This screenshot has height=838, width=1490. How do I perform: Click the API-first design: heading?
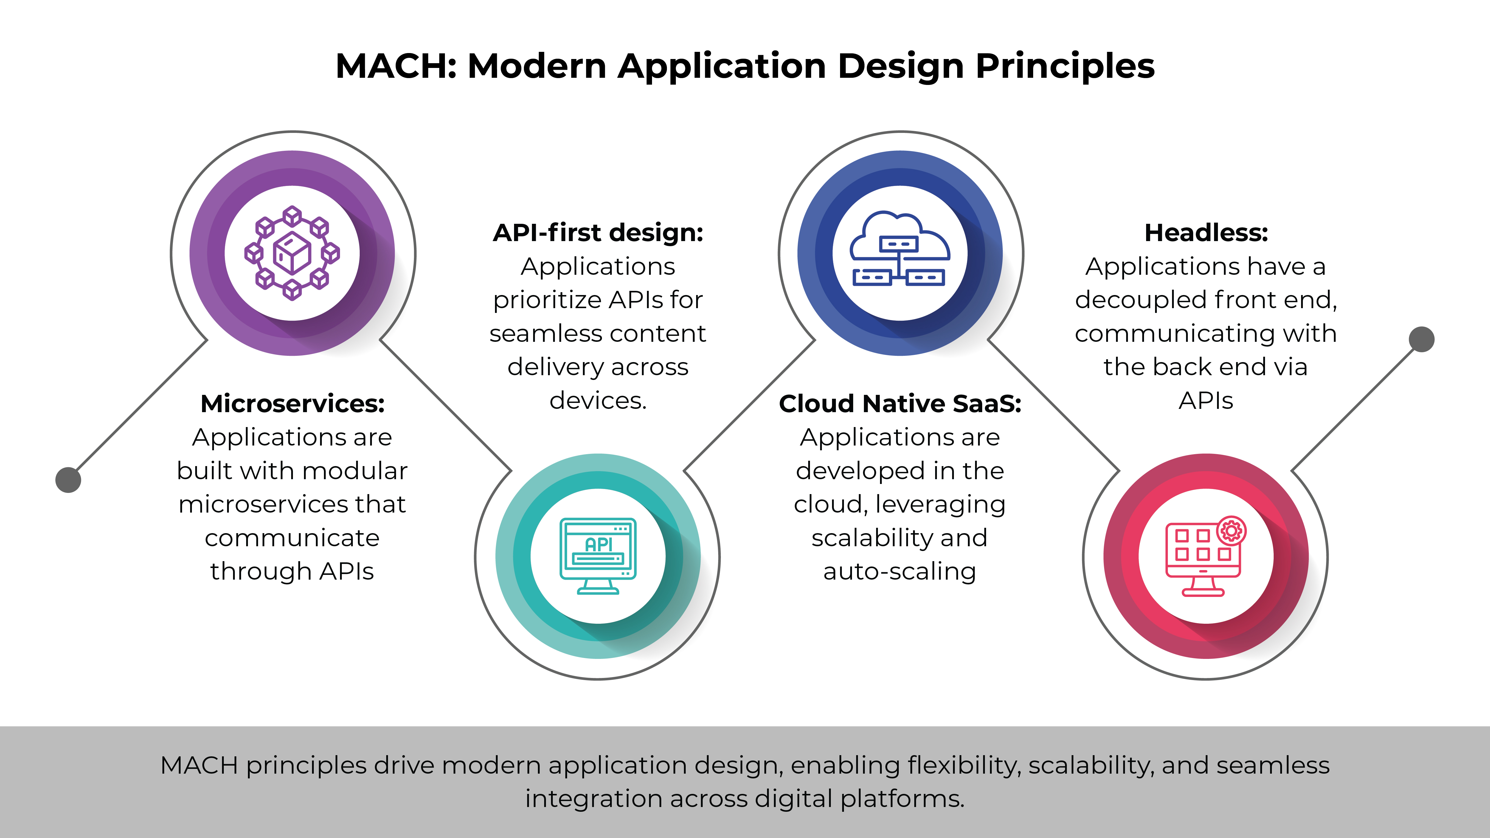pos(598,233)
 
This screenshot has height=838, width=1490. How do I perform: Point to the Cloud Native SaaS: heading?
pos(900,404)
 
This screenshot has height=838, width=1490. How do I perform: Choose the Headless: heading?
pos(1206,233)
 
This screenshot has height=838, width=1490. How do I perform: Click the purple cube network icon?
pos(292,253)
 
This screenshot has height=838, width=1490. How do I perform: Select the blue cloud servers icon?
pos(900,249)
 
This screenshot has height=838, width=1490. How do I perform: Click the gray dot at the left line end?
pos(68,479)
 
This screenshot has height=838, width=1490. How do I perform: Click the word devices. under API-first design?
pos(598,400)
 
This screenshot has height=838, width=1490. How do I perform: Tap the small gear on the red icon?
pos(1231,530)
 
